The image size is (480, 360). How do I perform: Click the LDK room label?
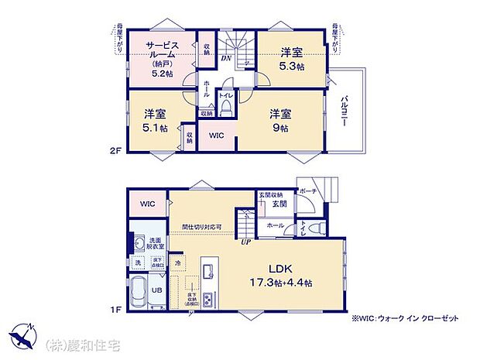[x=279, y=269]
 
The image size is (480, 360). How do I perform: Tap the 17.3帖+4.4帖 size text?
[x=279, y=283]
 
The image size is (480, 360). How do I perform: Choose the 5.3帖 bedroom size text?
[x=291, y=67]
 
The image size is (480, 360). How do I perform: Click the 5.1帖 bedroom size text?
[x=155, y=128]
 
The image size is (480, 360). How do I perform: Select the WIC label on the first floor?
[x=149, y=204]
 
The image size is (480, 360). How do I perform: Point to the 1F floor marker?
[x=116, y=309]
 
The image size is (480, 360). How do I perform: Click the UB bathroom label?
[x=156, y=291]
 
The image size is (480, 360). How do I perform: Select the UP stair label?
[x=246, y=242]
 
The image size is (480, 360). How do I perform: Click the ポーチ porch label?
[x=307, y=190]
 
